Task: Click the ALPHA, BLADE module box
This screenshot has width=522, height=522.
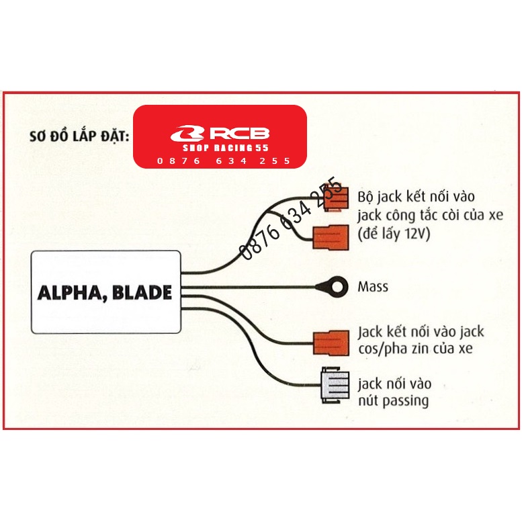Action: (106, 292)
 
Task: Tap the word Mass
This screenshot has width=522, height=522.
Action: (373, 287)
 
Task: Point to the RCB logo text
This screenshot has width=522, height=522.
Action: (241, 133)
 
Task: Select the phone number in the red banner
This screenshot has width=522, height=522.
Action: (224, 161)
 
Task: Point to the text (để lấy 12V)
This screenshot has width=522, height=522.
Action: (394, 234)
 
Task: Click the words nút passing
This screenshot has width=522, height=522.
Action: (393, 402)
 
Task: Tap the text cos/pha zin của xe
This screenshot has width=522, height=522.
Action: (415, 349)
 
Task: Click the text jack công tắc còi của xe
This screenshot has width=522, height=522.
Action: (430, 216)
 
